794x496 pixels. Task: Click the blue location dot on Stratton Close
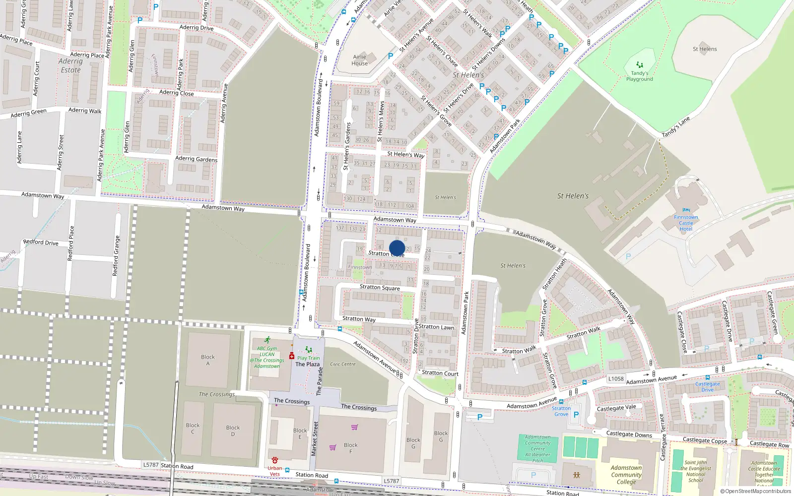point(397,248)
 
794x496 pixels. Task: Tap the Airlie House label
point(359,60)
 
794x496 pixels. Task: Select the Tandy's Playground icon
point(640,64)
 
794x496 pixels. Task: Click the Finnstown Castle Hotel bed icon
point(686,210)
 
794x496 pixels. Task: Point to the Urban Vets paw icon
point(275,460)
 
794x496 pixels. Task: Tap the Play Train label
point(308,358)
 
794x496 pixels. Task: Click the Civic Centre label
point(342,364)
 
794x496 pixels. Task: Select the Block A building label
point(208,360)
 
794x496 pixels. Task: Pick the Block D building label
point(233,431)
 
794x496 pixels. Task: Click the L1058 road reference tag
point(616,378)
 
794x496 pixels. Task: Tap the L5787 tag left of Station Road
point(151,465)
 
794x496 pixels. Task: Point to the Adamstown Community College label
point(626,475)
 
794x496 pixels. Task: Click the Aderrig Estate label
point(70,65)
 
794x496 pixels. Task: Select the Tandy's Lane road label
point(676,127)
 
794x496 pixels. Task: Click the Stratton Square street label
point(380,287)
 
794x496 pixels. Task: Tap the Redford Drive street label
point(41,242)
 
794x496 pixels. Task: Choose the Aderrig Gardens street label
point(196,159)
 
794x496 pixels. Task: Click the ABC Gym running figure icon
point(267,340)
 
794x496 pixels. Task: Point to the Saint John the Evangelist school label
point(695,471)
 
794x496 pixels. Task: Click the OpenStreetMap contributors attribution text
point(755,492)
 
